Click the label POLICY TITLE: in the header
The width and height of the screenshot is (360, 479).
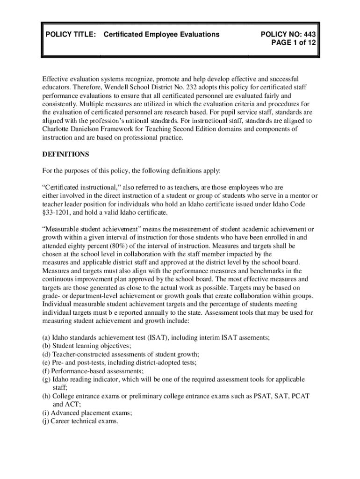point(71,34)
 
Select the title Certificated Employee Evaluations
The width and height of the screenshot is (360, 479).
point(161,34)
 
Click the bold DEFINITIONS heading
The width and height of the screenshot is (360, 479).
point(65,154)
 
